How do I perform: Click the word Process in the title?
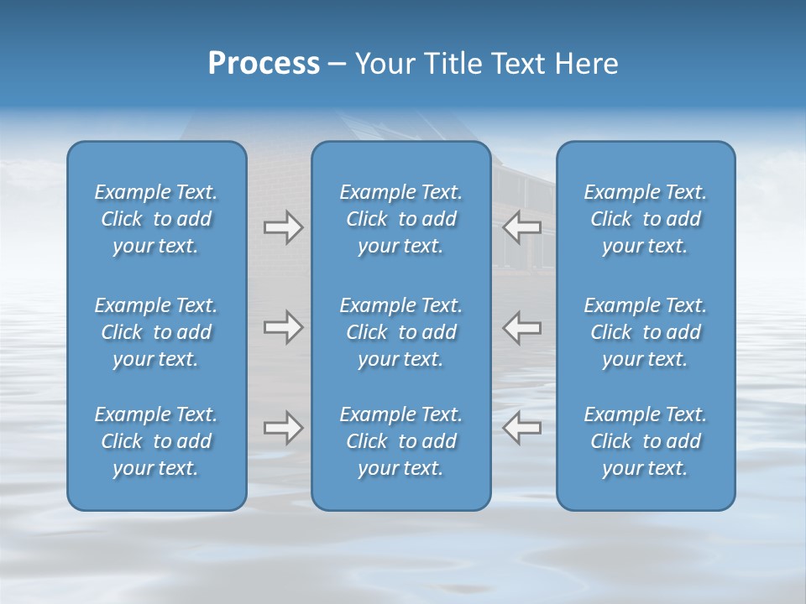(264, 64)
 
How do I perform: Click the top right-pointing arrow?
(283, 227)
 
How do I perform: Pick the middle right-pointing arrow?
(283, 327)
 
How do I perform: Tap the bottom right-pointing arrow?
(283, 428)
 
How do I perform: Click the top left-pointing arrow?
(521, 227)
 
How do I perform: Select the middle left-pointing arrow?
(521, 327)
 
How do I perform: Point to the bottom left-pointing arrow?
(521, 428)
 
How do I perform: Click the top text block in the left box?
(156, 219)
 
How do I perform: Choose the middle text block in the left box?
(156, 332)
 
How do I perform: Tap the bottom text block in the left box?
(156, 441)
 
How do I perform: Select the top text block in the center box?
(400, 219)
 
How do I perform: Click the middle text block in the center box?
(400, 332)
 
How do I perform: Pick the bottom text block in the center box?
(400, 441)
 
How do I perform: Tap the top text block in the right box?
(645, 219)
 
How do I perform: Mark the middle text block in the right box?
(645, 332)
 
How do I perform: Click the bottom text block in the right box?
(645, 441)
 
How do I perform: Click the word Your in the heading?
(384, 64)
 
